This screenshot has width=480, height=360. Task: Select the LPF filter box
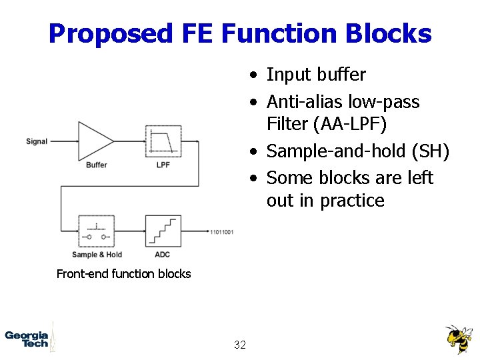click(163, 141)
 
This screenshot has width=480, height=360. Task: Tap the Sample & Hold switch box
click(96, 231)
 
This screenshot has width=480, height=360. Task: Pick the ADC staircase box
click(163, 231)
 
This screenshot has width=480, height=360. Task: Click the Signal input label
click(37, 141)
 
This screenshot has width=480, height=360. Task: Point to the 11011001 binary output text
click(221, 232)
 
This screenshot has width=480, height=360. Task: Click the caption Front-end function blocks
click(123, 273)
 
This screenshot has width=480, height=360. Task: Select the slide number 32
click(240, 345)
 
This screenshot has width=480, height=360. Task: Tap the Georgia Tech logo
click(27, 339)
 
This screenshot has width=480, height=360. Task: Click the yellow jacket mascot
click(459, 339)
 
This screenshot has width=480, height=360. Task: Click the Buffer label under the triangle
click(96, 165)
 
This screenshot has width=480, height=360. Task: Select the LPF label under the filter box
click(163, 165)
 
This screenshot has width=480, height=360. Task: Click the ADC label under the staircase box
click(162, 255)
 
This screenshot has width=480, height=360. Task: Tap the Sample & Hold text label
click(97, 255)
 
